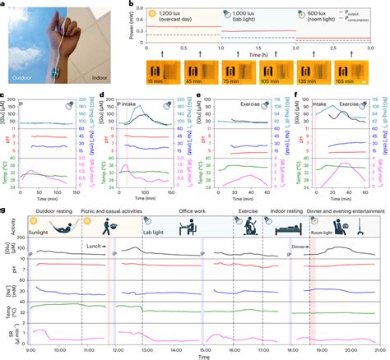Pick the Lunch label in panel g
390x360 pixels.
[x=93, y=246]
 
